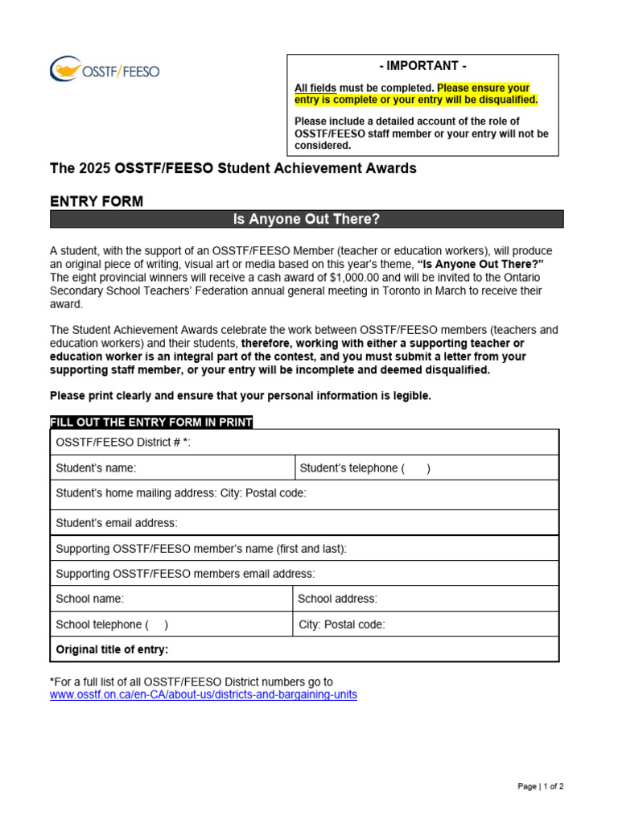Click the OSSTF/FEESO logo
pos(105,70)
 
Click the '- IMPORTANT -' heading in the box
pos(422,66)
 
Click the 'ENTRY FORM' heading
pos(97,201)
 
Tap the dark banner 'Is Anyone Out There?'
pos(307,219)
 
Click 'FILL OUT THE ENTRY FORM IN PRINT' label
pos(151,422)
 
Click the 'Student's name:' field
pos(172,468)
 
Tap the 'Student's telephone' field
pos(426,468)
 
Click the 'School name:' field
pos(171,599)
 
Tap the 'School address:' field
pos(426,599)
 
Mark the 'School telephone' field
pos(171,624)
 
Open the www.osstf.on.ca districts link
pos(204,694)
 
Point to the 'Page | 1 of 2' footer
pos(540,786)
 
